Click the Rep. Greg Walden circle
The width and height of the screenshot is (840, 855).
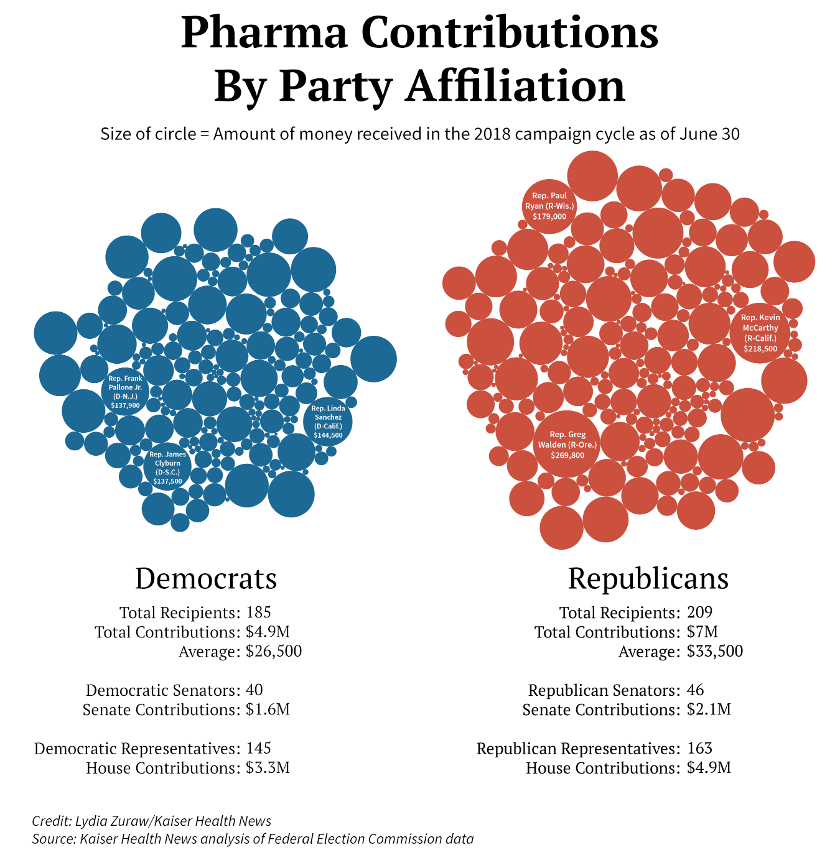point(567,444)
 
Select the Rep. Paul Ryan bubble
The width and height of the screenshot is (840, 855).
point(549,206)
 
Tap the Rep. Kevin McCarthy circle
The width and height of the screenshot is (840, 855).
point(760,332)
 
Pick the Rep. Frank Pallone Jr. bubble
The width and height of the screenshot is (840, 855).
point(125,391)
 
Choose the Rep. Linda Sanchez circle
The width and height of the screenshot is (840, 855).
point(328,422)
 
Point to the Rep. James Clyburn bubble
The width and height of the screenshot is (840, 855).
point(167,467)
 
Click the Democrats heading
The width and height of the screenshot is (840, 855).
point(206,578)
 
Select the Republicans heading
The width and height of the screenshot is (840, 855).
point(648,578)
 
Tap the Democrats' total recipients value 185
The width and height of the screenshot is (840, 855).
point(258,612)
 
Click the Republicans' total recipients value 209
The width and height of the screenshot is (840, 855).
point(699,612)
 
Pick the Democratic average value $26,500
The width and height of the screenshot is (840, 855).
point(274,651)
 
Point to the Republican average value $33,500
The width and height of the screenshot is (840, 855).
point(715,651)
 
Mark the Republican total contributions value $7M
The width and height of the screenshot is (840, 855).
point(702,632)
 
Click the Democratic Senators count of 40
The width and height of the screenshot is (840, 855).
point(254,690)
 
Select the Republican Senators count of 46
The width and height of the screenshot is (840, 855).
point(696,690)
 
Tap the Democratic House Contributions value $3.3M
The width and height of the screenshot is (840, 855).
point(268,767)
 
